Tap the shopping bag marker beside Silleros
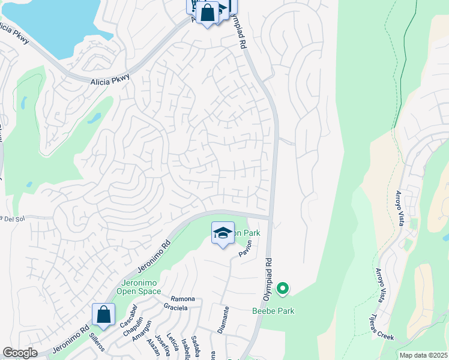click(103, 314)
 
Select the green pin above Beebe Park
click(282, 290)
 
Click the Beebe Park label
click(273, 311)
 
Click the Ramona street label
click(183, 299)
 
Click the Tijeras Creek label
click(382, 329)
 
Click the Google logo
click(20, 353)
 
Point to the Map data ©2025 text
click(423, 355)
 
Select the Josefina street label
click(159, 345)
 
